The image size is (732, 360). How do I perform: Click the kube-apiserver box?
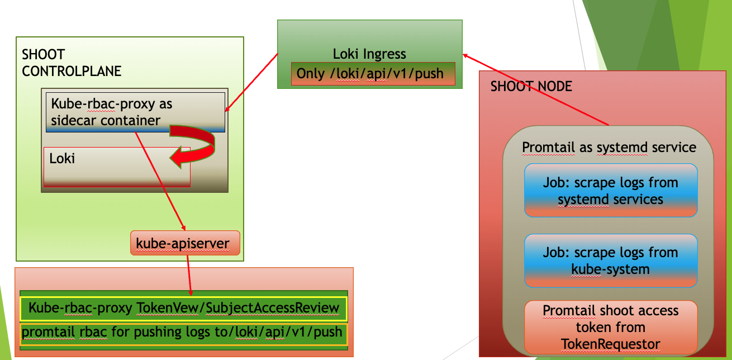coord(185,243)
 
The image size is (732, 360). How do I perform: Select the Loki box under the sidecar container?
coord(117,167)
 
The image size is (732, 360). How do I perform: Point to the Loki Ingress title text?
coord(369,54)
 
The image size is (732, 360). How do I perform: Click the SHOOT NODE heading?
coord(531,87)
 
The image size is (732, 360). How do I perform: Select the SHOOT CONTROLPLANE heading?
coord(72,63)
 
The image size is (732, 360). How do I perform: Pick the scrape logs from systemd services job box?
coord(610,190)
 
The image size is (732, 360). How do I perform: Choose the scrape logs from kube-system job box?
coord(610,260)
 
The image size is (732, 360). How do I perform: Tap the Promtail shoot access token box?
coord(610,327)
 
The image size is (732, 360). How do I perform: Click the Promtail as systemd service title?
coord(609,147)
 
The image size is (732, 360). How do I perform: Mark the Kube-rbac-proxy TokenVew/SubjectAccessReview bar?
coord(184,308)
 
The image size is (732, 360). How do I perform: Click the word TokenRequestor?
coord(610,344)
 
